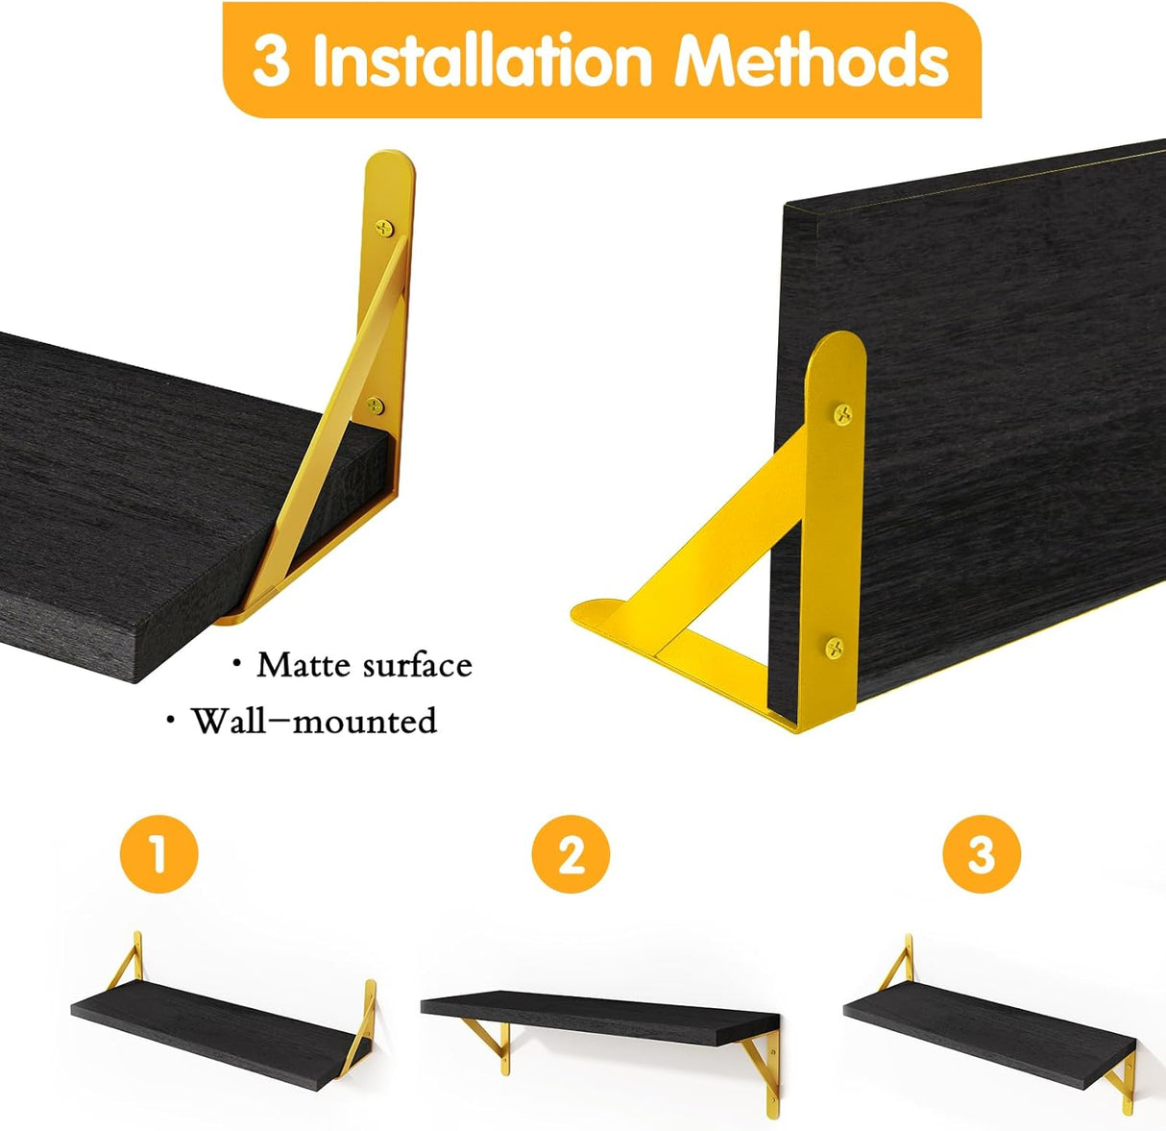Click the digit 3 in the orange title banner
click(x=271, y=62)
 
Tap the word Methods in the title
click(x=813, y=61)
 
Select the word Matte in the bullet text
click(x=296, y=665)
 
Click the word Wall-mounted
click(x=313, y=721)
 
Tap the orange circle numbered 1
click(x=158, y=853)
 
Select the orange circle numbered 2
click(x=571, y=853)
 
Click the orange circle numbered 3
click(x=981, y=853)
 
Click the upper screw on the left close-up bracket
click(x=385, y=228)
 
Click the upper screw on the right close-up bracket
click(x=843, y=415)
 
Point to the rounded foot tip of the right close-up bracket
click(x=595, y=615)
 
